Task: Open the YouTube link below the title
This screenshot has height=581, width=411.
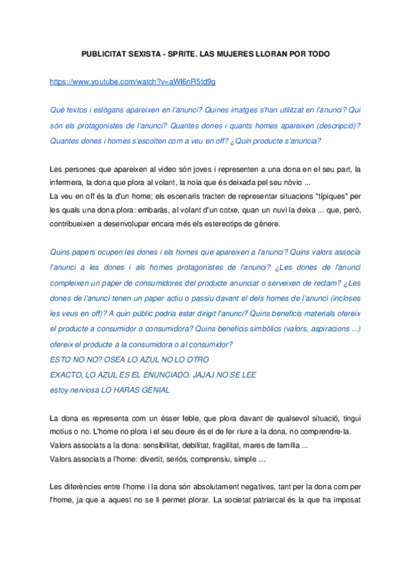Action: pos(133,82)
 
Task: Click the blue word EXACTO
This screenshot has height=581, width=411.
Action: pos(67,375)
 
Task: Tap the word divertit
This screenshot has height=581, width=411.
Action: pos(154,459)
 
